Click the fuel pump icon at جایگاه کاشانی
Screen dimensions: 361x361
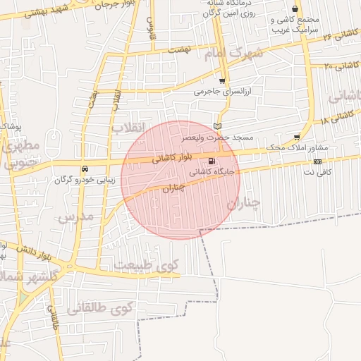(x=213, y=161)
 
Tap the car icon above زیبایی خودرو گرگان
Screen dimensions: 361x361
(x=85, y=169)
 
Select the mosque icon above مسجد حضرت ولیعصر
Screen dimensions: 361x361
(x=226, y=126)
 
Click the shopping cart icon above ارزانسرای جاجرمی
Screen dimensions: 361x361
(x=223, y=82)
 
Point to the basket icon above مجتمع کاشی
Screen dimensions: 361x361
(x=294, y=9)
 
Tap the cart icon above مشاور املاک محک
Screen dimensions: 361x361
(x=297, y=137)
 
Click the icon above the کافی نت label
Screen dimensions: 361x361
(x=318, y=161)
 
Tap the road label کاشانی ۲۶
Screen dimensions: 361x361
(x=341, y=34)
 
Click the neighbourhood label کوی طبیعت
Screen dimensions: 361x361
(x=148, y=266)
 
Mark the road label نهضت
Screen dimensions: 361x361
(x=180, y=50)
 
